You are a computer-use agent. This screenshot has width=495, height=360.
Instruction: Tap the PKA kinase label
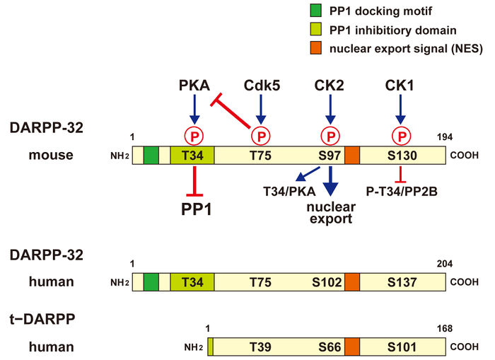(x=194, y=86)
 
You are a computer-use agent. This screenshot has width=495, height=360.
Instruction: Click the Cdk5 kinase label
(x=262, y=86)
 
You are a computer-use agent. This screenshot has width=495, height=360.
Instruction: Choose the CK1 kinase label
(x=401, y=86)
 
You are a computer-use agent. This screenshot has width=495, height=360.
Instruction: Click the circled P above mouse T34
(x=193, y=135)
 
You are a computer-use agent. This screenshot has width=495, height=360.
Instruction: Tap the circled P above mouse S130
(x=402, y=135)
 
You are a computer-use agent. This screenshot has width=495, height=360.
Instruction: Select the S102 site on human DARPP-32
(x=329, y=281)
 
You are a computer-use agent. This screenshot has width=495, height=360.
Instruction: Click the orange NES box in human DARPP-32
(x=352, y=281)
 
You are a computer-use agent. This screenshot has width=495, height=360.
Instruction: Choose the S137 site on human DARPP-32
(x=402, y=281)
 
